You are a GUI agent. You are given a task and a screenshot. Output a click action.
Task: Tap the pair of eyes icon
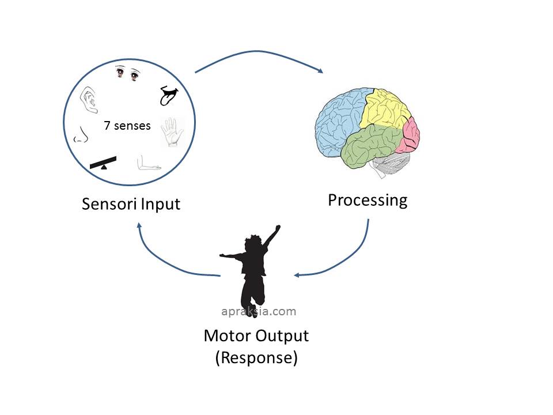point(128,73)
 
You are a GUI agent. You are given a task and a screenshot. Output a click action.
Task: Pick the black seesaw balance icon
point(103,163)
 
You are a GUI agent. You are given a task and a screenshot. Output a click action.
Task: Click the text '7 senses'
point(127,125)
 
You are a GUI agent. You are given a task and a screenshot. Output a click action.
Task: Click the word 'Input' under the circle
point(160,204)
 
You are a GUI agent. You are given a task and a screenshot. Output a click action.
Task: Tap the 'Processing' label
point(368,200)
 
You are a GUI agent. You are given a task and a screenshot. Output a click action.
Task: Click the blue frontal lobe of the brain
point(340,121)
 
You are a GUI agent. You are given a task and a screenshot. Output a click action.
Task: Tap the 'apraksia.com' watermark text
point(259,312)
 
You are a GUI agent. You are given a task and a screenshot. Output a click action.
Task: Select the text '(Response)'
point(256,358)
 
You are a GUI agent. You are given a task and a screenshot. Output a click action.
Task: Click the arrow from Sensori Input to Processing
point(259,55)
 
